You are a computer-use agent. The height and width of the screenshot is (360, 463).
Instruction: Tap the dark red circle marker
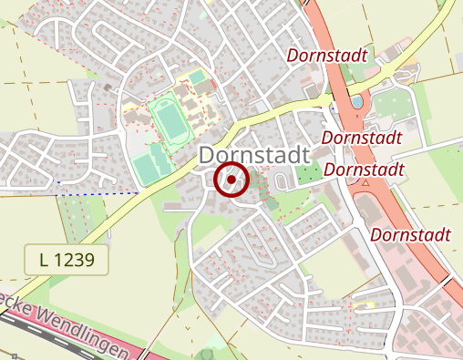(231, 180)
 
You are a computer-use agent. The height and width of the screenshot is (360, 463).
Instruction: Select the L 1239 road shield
(66, 259)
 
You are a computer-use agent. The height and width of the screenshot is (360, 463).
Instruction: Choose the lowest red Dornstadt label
(412, 235)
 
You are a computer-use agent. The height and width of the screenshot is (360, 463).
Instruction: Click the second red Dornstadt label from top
(363, 138)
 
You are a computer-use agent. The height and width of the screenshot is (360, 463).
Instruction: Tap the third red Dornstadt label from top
(364, 170)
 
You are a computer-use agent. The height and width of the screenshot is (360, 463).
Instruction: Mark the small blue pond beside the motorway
(354, 103)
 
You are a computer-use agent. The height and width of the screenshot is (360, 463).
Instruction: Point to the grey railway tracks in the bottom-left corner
(55, 334)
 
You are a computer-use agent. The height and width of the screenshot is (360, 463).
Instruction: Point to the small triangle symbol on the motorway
(365, 182)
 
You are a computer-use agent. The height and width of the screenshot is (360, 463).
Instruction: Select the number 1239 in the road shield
(77, 259)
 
